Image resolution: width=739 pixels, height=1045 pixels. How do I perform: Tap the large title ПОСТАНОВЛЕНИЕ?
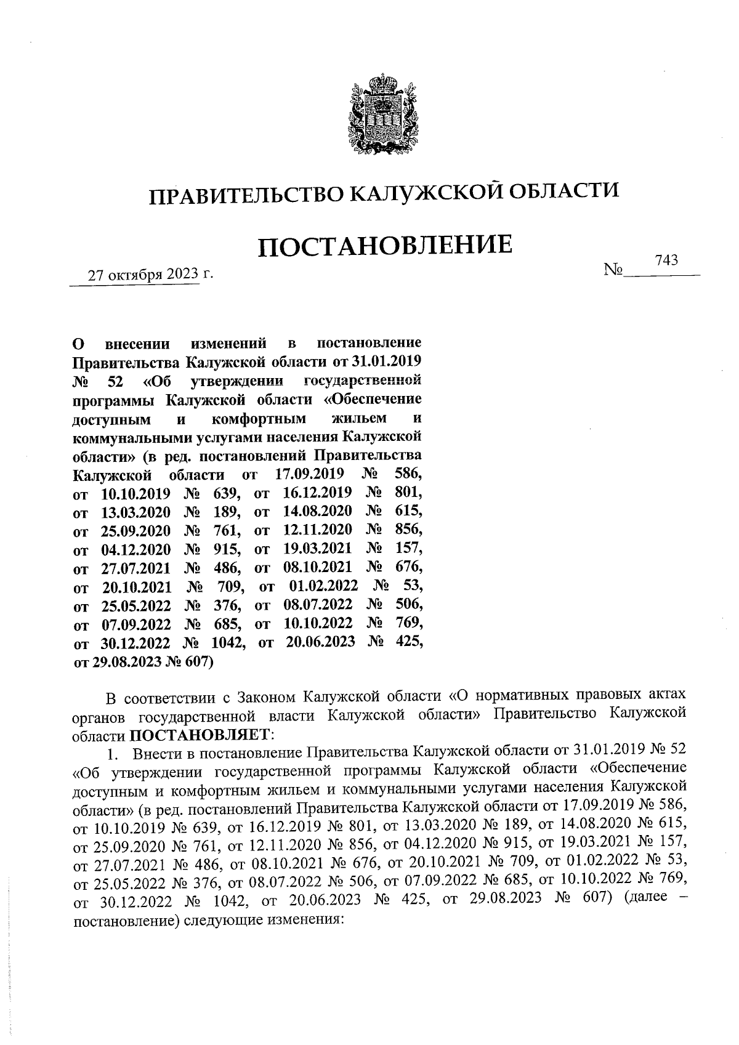(384, 246)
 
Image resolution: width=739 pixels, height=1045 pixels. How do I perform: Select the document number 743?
(666, 260)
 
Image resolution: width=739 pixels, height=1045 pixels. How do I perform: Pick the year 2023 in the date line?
(181, 275)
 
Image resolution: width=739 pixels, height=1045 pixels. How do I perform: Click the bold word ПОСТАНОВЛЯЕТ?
(200, 735)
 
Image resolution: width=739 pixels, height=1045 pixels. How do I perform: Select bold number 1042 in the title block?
(229, 643)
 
